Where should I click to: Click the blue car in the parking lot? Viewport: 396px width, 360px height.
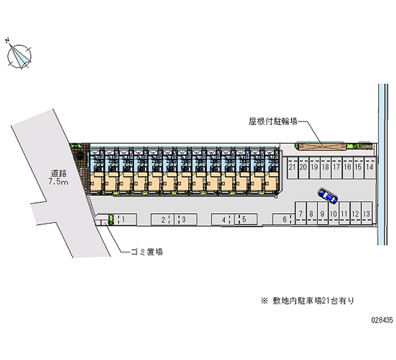(328, 196)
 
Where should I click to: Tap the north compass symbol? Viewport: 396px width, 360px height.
(19, 56)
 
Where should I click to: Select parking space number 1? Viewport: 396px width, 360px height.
(125, 219)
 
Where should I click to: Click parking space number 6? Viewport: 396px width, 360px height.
(284, 219)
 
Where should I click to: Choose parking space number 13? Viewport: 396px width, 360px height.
(367, 213)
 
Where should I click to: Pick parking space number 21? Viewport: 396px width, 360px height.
(293, 168)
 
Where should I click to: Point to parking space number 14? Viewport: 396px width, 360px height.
(369, 168)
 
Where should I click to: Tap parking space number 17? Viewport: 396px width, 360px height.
(337, 168)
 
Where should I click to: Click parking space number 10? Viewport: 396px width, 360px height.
(334, 213)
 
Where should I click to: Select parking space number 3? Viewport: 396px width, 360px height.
(186, 219)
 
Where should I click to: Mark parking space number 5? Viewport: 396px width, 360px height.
(246, 219)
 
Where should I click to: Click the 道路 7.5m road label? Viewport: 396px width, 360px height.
(58, 178)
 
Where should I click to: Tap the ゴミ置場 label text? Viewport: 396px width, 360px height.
(147, 252)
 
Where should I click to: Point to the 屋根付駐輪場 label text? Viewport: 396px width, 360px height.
(273, 122)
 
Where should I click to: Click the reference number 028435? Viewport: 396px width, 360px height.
(382, 320)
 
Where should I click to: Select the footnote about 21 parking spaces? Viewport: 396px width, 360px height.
(307, 301)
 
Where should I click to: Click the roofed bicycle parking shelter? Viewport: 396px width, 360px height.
(322, 147)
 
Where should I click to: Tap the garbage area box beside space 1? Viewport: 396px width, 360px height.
(101, 219)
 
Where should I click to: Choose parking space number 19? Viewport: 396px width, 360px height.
(314, 168)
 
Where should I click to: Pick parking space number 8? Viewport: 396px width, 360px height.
(312, 213)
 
